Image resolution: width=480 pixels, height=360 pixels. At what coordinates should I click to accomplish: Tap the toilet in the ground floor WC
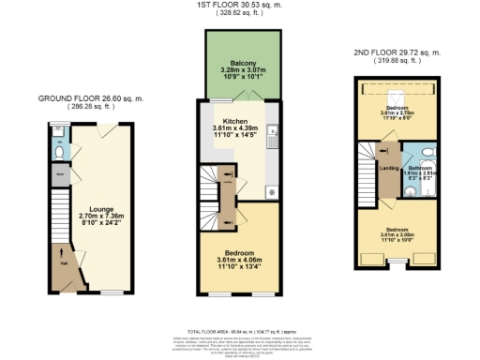(x=59, y=151)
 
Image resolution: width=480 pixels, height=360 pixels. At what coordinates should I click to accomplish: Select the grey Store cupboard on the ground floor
(x=59, y=173)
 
